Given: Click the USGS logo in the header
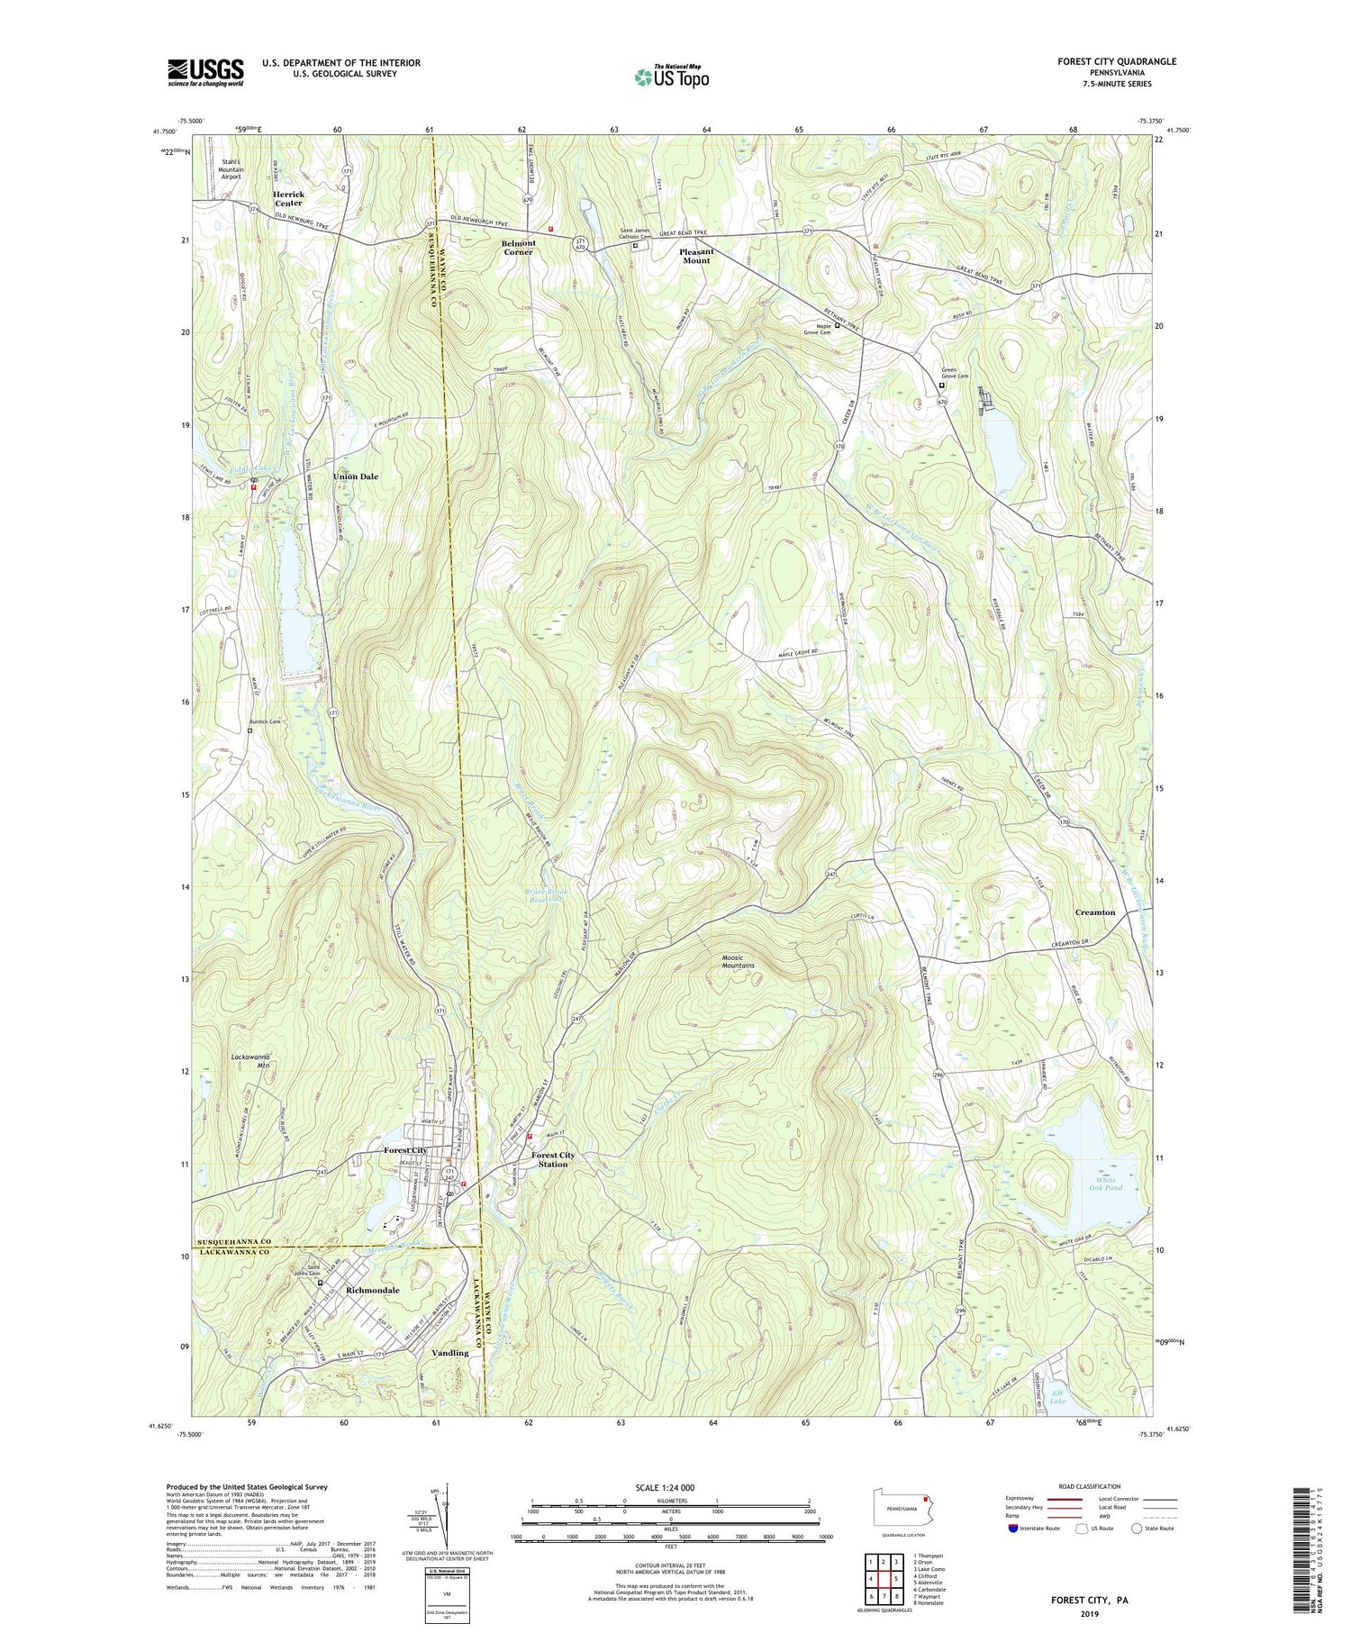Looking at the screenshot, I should [205, 72].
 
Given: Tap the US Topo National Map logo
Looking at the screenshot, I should [671, 77].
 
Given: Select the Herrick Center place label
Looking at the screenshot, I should [288, 198].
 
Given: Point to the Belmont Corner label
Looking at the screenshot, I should [519, 247].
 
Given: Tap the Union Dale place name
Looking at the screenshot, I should [356, 476].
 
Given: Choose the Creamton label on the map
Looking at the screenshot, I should [1094, 912].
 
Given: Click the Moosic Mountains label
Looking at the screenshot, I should [738, 961].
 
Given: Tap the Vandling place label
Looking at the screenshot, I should [449, 1353].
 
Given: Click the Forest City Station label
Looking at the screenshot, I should [553, 1159].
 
